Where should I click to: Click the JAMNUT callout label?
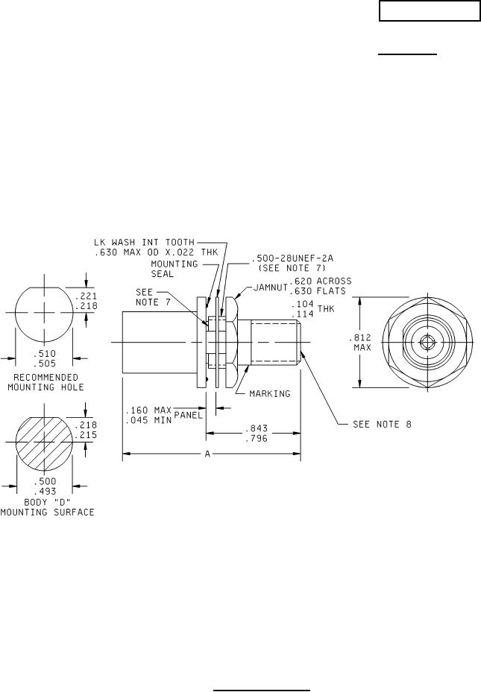click(270, 287)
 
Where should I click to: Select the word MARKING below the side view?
click(270, 393)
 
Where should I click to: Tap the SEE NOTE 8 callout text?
click(382, 424)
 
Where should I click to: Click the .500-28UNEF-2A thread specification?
click(292, 258)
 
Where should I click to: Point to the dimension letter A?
click(207, 453)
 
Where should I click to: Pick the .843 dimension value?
click(257, 428)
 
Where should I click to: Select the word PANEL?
click(189, 415)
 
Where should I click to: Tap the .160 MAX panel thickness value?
click(149, 410)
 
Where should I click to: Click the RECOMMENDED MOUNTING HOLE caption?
click(46, 382)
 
